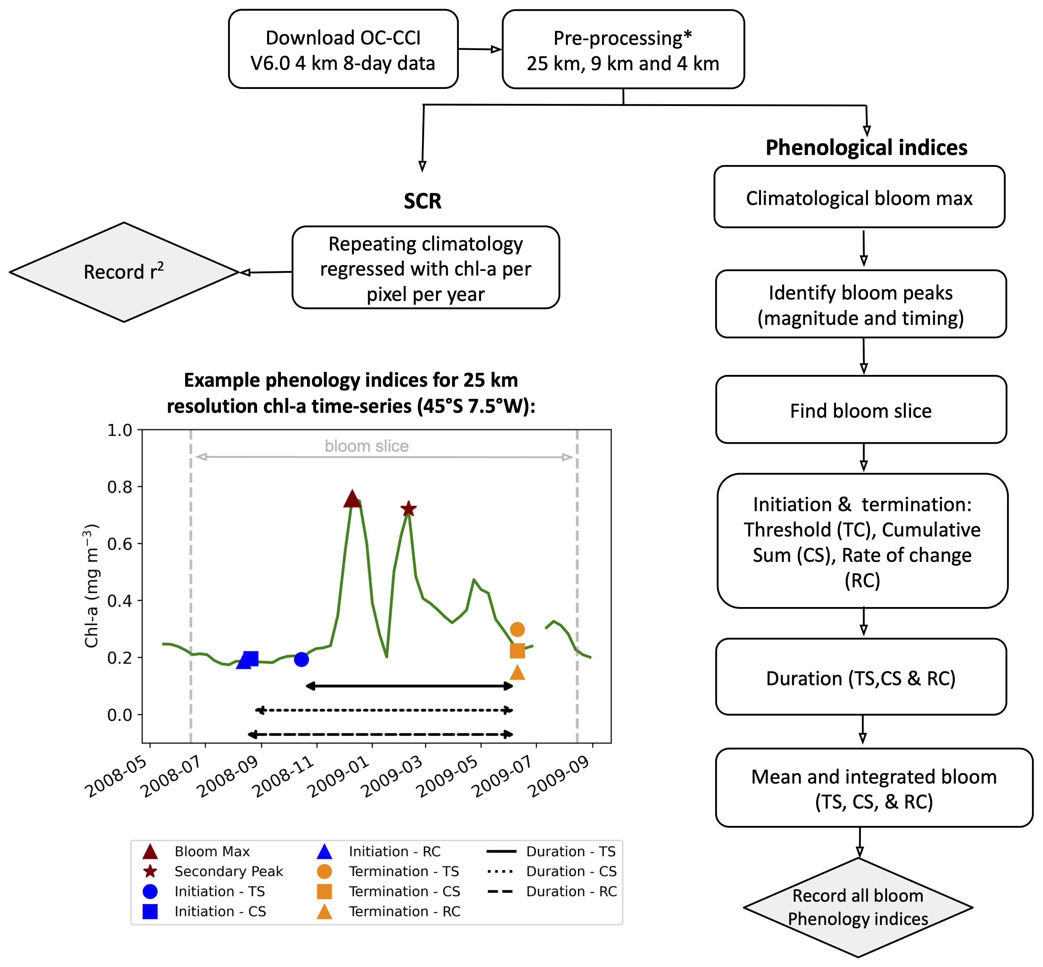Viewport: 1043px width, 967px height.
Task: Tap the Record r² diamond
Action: point(124,272)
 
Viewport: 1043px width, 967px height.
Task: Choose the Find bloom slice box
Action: point(861,410)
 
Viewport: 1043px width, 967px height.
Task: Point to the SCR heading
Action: point(423,201)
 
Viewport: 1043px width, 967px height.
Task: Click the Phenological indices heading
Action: point(866,148)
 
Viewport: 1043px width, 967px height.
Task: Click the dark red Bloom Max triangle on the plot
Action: point(352,499)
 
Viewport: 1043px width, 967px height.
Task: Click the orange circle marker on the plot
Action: point(517,629)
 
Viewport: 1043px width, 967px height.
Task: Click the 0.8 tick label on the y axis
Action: point(120,487)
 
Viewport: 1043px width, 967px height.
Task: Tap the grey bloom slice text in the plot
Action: point(367,446)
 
